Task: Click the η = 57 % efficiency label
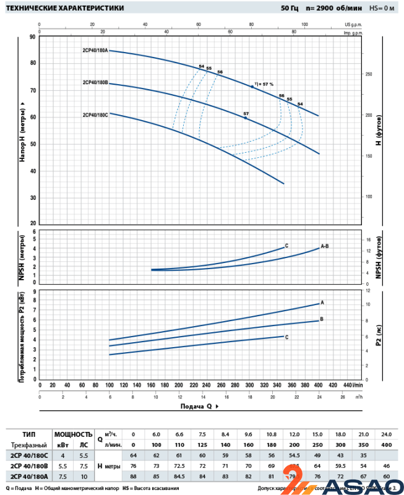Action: [264, 84]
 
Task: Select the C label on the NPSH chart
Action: [286, 246]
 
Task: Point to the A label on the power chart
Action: [322, 302]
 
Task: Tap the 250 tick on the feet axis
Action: [369, 74]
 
